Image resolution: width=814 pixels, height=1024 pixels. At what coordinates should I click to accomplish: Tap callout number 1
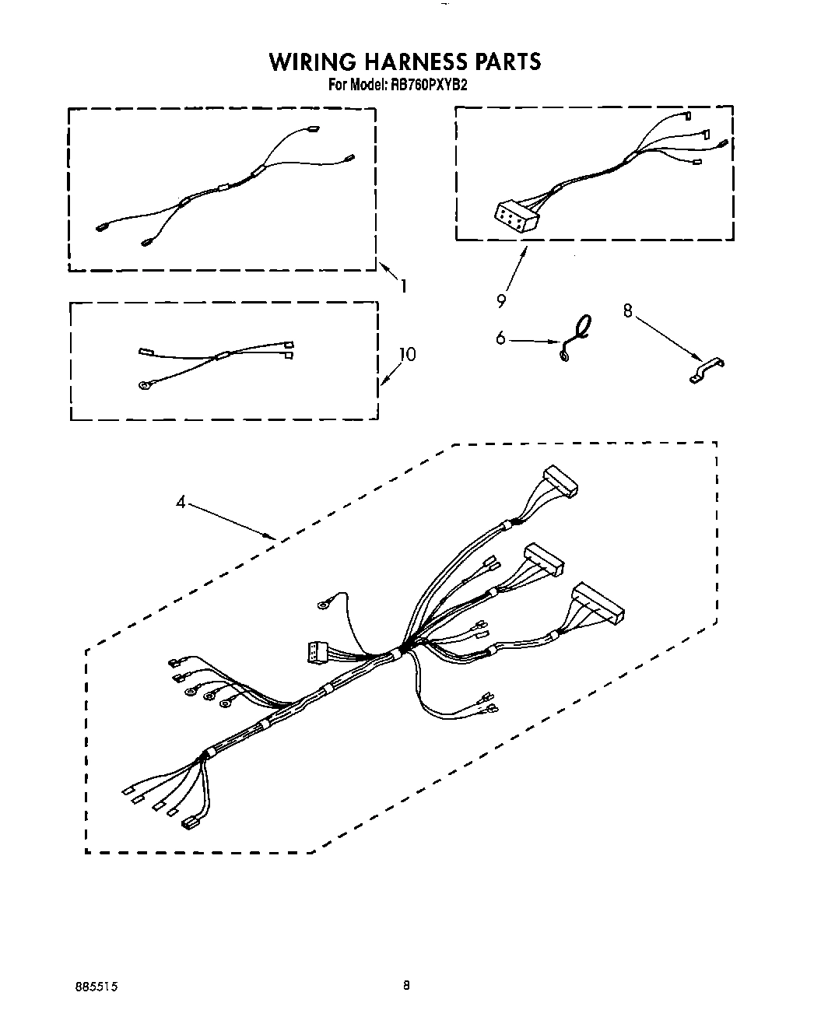coord(403,286)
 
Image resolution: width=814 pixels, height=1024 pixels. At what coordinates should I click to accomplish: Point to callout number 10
coord(407,355)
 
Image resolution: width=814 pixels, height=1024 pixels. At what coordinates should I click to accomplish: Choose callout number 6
coord(500,338)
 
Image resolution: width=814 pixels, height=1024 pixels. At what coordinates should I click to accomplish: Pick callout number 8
coord(628,310)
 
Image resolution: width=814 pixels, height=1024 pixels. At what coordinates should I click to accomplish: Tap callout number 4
coord(181,503)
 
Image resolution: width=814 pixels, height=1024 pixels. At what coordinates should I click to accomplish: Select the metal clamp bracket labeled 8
coord(707,368)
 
